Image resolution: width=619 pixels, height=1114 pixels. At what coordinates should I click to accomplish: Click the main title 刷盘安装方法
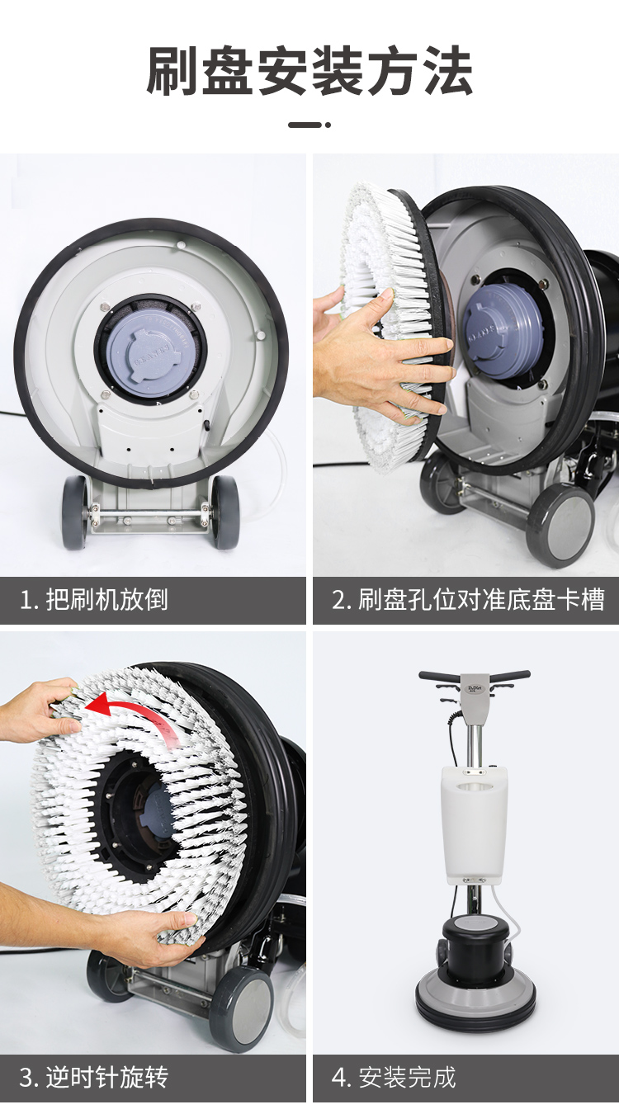point(309,70)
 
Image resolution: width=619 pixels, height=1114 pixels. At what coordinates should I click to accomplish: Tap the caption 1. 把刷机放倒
point(93,599)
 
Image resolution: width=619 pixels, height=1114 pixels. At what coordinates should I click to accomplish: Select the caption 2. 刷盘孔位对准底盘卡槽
point(468,599)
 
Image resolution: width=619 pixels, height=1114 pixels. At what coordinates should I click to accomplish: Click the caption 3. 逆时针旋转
point(93,1077)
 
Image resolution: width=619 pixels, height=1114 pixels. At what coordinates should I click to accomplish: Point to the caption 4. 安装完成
point(394,1077)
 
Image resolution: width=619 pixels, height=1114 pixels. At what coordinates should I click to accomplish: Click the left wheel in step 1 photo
point(74,512)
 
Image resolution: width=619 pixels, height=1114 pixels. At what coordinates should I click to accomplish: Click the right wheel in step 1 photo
point(225,512)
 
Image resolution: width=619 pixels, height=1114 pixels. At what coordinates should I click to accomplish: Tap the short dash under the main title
point(309,125)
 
